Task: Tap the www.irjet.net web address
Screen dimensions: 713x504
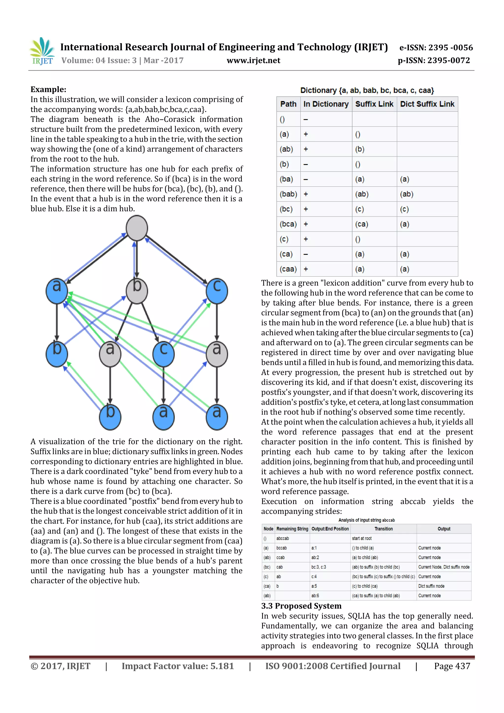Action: click(x=253, y=61)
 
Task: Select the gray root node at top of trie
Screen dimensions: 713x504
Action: click(x=137, y=228)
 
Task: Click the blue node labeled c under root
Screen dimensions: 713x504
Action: click(x=217, y=291)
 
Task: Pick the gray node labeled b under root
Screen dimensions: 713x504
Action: click(x=137, y=291)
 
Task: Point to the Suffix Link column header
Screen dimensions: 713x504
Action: click(x=374, y=104)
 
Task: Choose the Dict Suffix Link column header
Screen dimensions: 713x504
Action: click(x=427, y=104)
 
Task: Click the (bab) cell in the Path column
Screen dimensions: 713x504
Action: click(x=288, y=194)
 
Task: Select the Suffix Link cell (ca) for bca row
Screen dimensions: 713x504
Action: click(x=362, y=224)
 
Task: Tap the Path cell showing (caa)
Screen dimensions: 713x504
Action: click(x=288, y=269)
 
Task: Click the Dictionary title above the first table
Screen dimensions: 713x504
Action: click(x=367, y=90)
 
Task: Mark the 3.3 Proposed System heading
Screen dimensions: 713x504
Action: click(x=301, y=606)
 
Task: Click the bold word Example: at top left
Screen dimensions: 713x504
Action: click(x=48, y=89)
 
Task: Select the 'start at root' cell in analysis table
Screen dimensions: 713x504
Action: click(x=362, y=539)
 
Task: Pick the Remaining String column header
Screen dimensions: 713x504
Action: click(x=292, y=529)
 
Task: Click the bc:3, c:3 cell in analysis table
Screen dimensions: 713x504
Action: click(x=319, y=567)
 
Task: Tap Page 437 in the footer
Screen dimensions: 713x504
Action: click(x=452, y=666)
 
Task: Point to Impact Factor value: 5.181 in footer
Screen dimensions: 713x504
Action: click(x=178, y=666)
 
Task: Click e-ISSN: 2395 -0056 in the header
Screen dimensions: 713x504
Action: click(x=436, y=48)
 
